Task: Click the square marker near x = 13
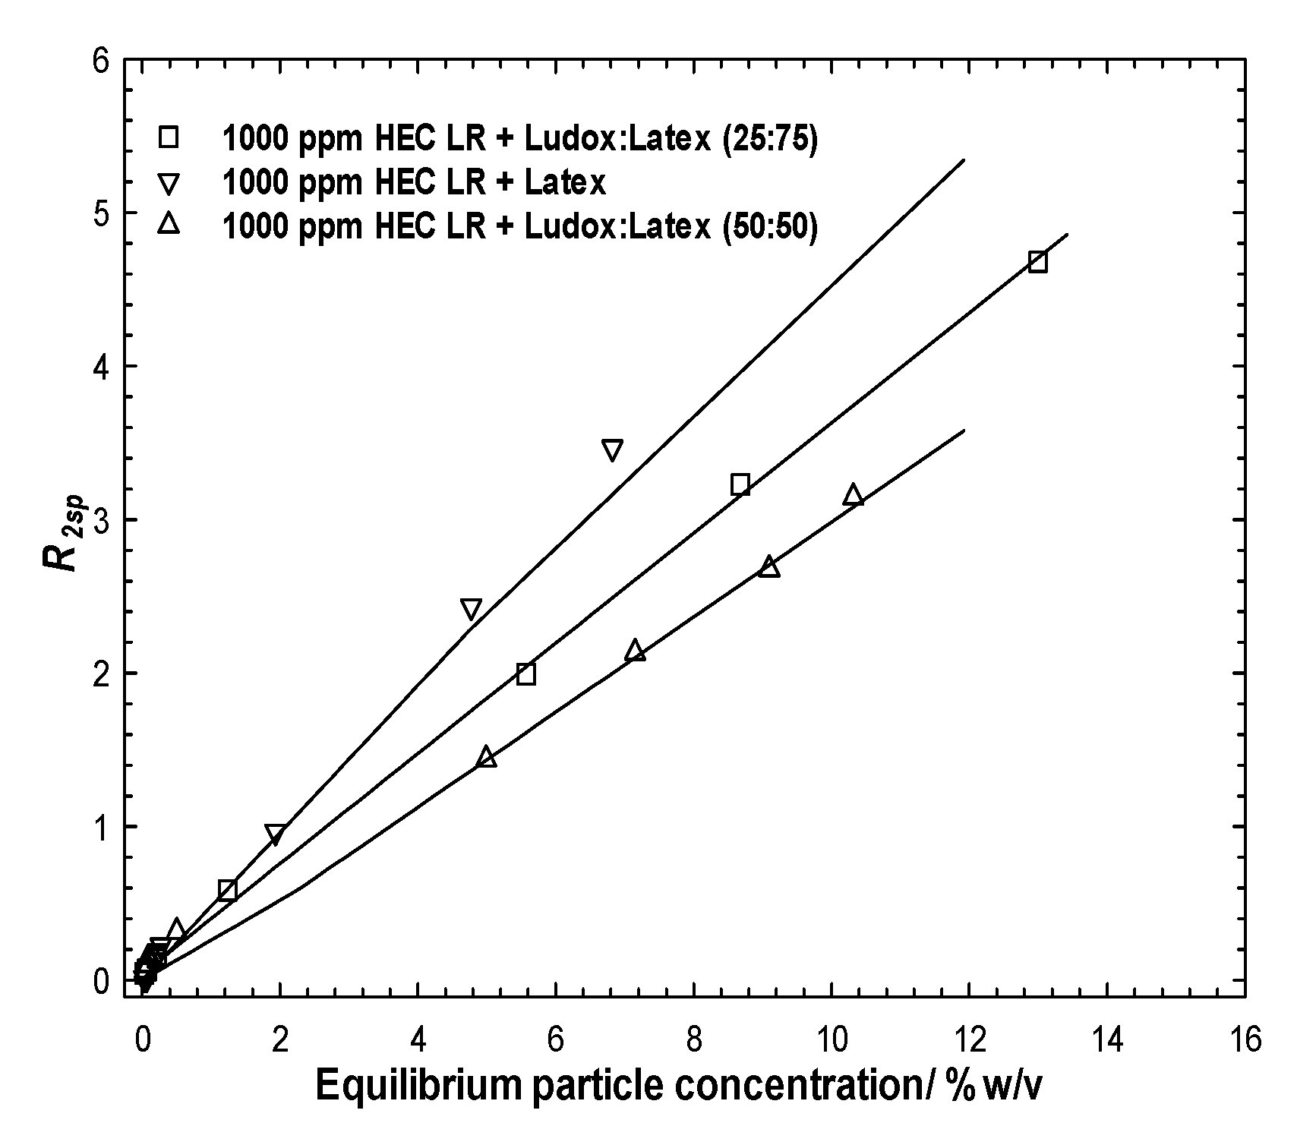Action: tap(1037, 262)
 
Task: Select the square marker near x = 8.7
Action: tap(740, 484)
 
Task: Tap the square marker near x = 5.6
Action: tap(525, 674)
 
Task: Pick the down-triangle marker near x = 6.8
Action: tap(612, 450)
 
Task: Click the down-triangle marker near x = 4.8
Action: tap(471, 608)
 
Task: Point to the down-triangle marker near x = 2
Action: tap(275, 834)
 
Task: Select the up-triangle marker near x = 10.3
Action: tap(853, 495)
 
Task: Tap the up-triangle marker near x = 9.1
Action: tap(769, 566)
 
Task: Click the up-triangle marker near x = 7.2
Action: tap(636, 651)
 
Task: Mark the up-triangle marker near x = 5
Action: tap(487, 757)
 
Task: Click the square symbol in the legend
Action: tap(168, 137)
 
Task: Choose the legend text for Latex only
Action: tap(414, 182)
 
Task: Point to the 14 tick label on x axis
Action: tap(1107, 1038)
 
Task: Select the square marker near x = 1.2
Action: tap(227, 890)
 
